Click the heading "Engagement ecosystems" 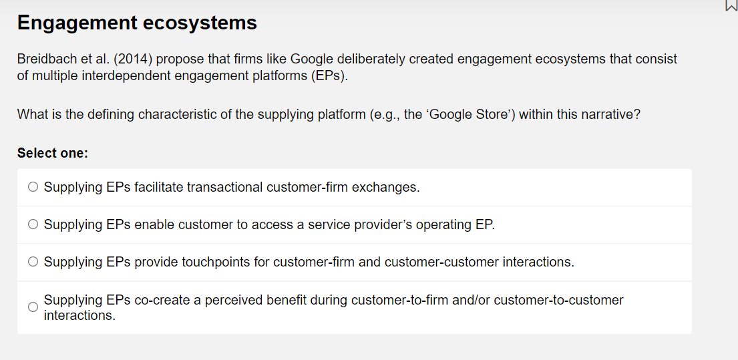click(137, 23)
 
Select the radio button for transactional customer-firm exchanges click(33, 188)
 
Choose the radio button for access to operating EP click(33, 225)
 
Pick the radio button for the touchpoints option click(33, 262)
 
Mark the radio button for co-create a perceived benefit click(33, 307)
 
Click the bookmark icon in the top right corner click(730, 6)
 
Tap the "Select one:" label click(53, 153)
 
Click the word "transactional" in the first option click(224, 187)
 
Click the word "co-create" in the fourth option click(162, 300)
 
